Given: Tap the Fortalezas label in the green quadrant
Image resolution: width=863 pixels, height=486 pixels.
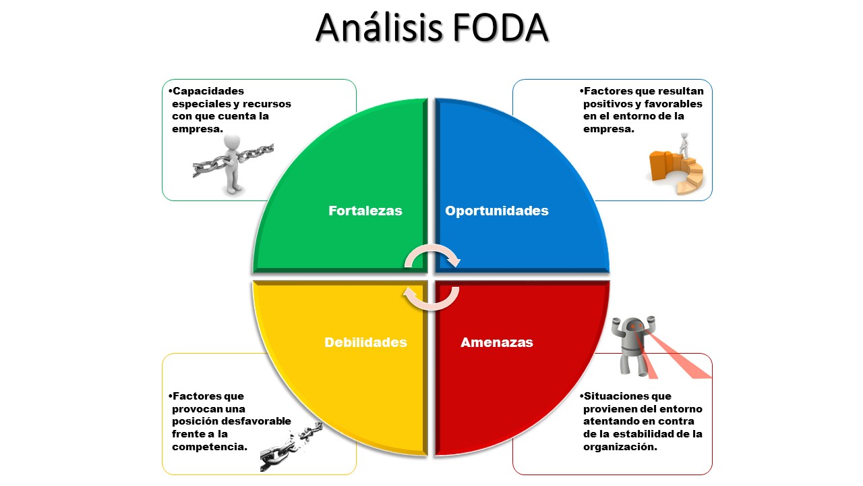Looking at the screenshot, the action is (x=365, y=211).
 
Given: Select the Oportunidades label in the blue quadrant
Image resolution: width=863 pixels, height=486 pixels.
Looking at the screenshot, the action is (x=496, y=211).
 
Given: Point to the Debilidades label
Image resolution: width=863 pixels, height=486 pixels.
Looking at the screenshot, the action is (x=365, y=342).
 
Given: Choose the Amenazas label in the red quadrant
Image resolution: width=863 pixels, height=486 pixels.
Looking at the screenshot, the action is (x=496, y=342).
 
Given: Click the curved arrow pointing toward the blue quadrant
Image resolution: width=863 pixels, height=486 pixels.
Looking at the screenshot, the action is (x=435, y=254).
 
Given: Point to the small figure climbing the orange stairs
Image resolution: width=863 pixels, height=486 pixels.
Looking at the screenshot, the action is (x=684, y=144).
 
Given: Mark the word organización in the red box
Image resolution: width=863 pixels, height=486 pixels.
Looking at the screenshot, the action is (x=620, y=447).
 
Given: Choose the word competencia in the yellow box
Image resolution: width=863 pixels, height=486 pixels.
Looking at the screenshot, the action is (x=209, y=447).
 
